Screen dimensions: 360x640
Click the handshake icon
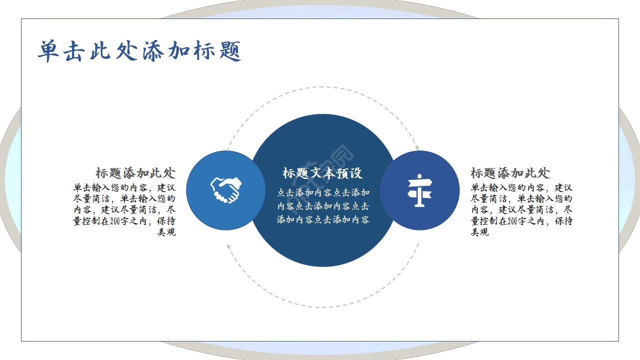225,190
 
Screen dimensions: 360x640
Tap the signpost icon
419,190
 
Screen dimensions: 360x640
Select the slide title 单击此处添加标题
139,51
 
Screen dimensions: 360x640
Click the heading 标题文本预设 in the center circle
322,173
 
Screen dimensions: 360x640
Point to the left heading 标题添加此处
135,173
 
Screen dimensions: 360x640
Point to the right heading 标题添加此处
510,173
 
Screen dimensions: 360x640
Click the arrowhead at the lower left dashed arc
228,245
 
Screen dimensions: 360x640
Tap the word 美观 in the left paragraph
166,232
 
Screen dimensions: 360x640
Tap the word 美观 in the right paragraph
479,232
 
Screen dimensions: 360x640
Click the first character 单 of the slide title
49,51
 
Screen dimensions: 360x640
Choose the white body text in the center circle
323,205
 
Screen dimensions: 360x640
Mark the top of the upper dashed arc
323,87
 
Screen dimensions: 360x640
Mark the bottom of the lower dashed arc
323,307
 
